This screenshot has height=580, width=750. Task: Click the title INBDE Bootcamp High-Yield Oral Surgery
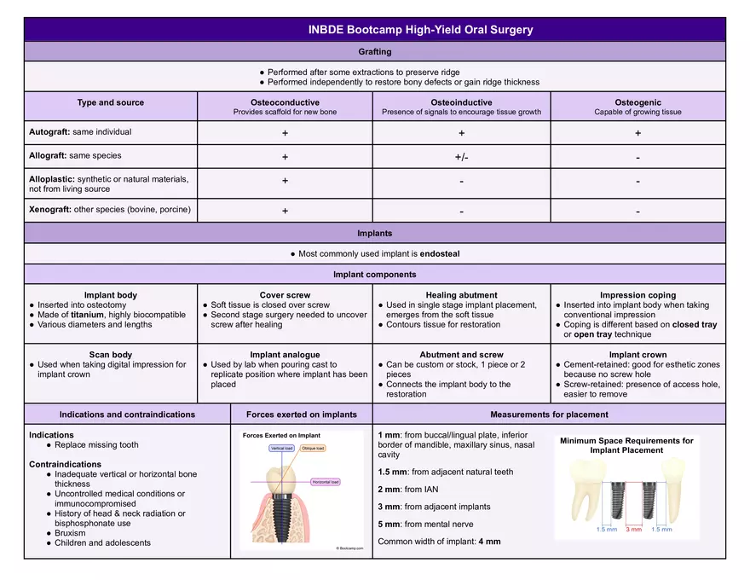click(x=420, y=30)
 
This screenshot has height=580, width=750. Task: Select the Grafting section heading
click(x=375, y=52)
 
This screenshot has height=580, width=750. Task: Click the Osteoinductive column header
click(x=461, y=102)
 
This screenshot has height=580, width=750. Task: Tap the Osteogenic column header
click(x=637, y=102)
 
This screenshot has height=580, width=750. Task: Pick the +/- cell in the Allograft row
click(x=461, y=157)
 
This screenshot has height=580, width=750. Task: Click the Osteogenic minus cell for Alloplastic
click(x=637, y=181)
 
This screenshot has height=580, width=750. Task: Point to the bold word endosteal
click(x=439, y=253)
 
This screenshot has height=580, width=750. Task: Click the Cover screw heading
click(x=285, y=295)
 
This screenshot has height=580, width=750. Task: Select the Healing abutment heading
click(x=461, y=295)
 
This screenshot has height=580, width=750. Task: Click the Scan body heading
click(x=111, y=355)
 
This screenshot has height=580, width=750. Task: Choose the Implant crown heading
click(x=637, y=355)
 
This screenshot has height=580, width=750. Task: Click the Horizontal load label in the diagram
click(x=325, y=482)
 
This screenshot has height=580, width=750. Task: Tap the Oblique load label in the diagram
click(x=313, y=448)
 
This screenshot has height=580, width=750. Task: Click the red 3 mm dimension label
click(x=633, y=530)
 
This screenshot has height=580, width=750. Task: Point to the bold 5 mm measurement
click(x=389, y=524)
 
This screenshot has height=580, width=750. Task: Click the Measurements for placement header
click(x=549, y=415)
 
